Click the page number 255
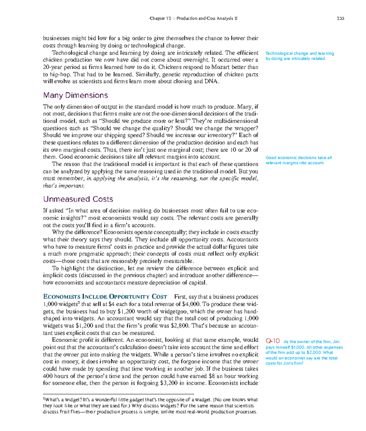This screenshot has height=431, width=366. coord(340,18)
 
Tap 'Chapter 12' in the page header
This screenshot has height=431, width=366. coord(160,18)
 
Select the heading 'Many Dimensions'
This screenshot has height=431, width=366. coord(75,95)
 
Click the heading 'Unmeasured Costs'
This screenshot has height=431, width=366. coord(78,199)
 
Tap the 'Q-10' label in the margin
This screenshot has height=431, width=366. coord(273,341)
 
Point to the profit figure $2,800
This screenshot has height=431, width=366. coord(181,326)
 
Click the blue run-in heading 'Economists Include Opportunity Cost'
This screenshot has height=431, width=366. coord(105,297)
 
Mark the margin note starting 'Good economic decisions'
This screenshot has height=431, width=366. coord(298,160)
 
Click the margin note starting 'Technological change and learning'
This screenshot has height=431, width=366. coord(300,56)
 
